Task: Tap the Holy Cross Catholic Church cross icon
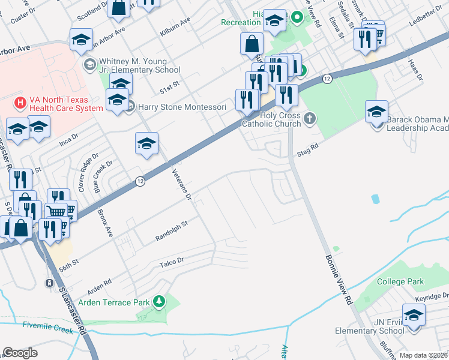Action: click(x=309, y=118)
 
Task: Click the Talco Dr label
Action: click(x=171, y=262)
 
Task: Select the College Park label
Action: click(x=400, y=281)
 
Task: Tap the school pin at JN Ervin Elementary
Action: click(x=414, y=316)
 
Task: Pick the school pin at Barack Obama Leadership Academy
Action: click(x=376, y=112)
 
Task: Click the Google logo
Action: click(x=20, y=353)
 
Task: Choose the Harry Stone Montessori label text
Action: click(x=182, y=107)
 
